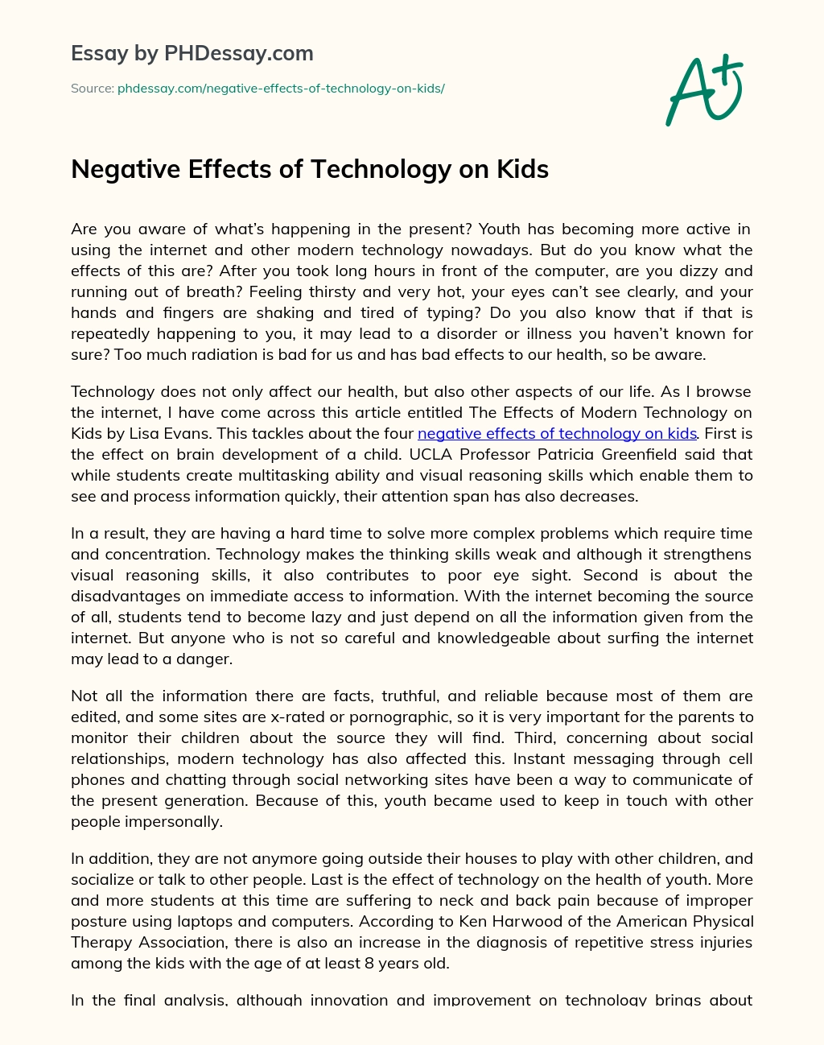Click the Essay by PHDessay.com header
point(192,53)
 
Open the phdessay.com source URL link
point(281,89)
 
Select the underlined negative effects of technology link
point(557,433)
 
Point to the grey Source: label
point(92,89)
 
